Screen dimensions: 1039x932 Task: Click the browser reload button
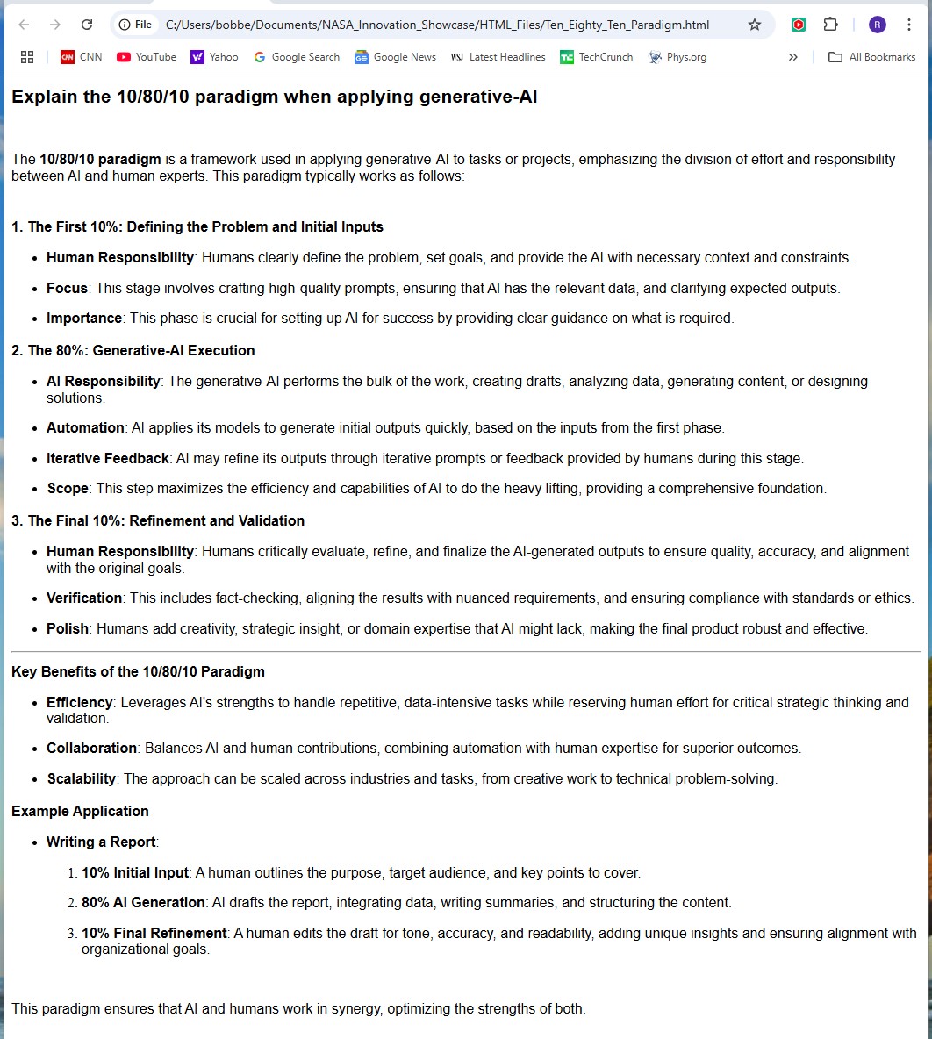coord(86,25)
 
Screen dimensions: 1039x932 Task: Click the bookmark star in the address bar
coord(754,25)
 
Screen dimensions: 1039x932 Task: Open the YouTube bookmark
coord(147,57)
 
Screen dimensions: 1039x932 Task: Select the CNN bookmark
coord(81,57)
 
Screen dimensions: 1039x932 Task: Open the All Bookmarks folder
coord(871,57)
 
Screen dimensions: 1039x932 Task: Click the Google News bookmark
coord(395,57)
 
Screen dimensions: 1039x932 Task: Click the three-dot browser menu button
coord(909,25)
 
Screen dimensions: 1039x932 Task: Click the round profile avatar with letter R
coord(878,25)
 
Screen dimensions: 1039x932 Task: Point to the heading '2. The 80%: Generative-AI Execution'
coord(133,350)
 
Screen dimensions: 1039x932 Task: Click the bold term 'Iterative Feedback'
coord(107,458)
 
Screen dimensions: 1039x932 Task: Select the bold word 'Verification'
coord(84,598)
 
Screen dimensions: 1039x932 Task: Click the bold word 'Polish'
coord(68,628)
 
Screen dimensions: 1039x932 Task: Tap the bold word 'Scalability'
coord(81,778)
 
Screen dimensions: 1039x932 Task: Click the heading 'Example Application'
coord(80,811)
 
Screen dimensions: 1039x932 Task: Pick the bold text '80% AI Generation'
coord(143,902)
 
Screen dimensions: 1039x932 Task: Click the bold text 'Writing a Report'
coord(101,842)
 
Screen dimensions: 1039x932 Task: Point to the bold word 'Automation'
coord(85,427)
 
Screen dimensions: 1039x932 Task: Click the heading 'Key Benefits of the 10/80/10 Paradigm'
coord(138,671)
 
